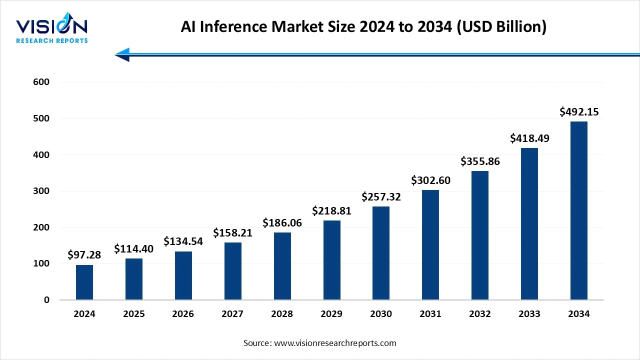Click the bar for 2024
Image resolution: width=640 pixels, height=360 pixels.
pyautogui.click(x=84, y=282)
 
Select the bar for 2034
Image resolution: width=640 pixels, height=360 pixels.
pyautogui.click(x=579, y=210)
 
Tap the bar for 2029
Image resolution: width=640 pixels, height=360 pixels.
pyautogui.click(x=331, y=260)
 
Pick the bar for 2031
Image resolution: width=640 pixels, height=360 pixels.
pyautogui.click(x=430, y=245)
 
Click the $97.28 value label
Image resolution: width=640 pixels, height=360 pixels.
pyautogui.click(x=84, y=255)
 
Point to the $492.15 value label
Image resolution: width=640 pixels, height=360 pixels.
pyautogui.click(x=579, y=111)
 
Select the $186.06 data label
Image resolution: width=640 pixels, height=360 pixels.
pyautogui.click(x=282, y=223)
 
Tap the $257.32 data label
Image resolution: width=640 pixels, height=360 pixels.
pyautogui.click(x=381, y=197)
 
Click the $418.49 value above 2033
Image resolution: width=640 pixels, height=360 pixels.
pyautogui.click(x=529, y=138)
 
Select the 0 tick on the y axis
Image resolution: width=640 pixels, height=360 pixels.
pyautogui.click(x=46, y=300)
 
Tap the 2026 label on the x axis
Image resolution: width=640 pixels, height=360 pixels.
pyautogui.click(x=183, y=314)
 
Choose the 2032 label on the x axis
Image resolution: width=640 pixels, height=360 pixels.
pyautogui.click(x=479, y=314)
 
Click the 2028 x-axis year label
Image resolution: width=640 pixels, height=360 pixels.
pyautogui.click(x=282, y=314)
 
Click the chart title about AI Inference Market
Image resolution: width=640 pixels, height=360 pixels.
pyautogui.click(x=363, y=27)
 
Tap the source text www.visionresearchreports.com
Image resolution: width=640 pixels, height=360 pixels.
pyautogui.click(x=320, y=343)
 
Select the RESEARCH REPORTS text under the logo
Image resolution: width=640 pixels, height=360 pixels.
pyautogui.click(x=52, y=40)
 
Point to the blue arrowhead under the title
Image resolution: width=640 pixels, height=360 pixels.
pyautogui.click(x=122, y=54)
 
